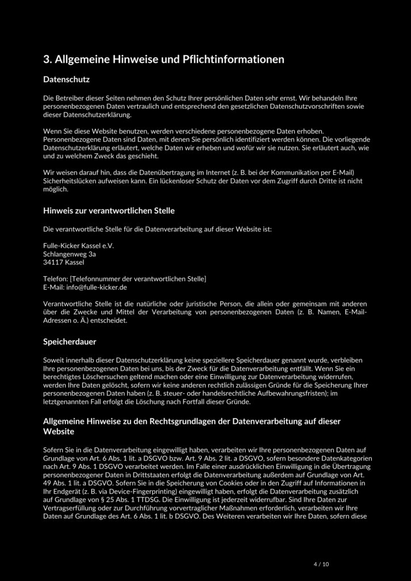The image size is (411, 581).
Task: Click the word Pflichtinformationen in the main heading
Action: click(x=233, y=59)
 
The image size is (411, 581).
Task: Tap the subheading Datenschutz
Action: click(x=67, y=80)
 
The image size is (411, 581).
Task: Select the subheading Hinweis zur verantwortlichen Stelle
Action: click(x=109, y=210)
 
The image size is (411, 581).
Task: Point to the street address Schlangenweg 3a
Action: click(x=70, y=255)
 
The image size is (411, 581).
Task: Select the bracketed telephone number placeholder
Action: click(x=138, y=279)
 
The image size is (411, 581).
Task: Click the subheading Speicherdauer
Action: click(x=70, y=342)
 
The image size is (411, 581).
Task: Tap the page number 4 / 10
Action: click(x=321, y=564)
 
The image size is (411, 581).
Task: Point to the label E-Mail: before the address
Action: click(x=53, y=287)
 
